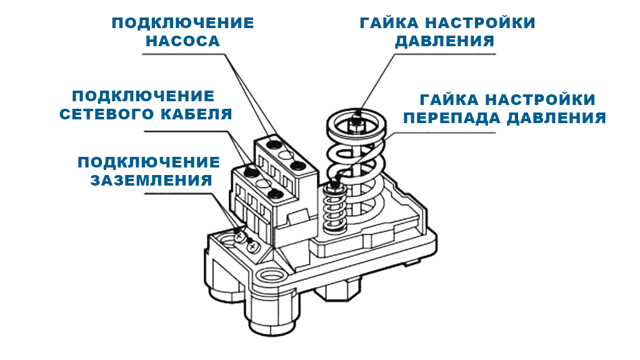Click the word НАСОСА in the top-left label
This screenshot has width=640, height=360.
[182, 42]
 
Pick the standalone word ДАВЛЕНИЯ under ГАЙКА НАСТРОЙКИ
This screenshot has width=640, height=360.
[446, 41]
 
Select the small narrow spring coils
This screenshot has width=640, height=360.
[334, 209]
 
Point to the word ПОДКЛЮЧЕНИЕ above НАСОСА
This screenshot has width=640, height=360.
[182, 24]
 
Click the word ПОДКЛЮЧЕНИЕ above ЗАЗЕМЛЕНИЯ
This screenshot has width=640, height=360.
[149, 162]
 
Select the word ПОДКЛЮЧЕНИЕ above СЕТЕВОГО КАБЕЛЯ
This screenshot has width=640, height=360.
[142, 97]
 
